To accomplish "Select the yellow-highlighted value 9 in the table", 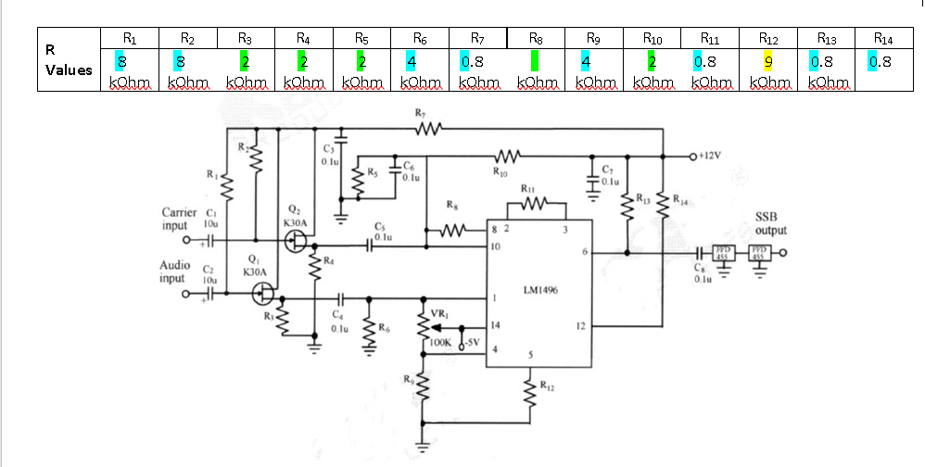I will [x=767, y=63].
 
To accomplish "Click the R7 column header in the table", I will [x=477, y=39].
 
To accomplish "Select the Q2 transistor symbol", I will [x=296, y=241].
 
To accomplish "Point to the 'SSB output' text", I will [x=770, y=223].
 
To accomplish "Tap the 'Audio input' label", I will [x=175, y=271].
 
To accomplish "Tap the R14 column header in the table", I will [x=881, y=39].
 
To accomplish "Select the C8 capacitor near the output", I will [x=702, y=253].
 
